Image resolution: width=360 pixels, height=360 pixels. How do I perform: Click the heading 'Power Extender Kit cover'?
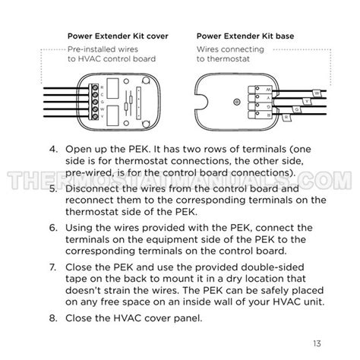click(x=118, y=36)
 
